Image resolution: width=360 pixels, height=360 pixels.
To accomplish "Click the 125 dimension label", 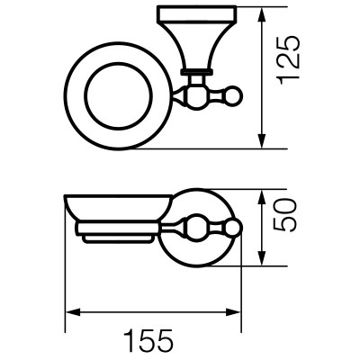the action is pyautogui.click(x=288, y=60).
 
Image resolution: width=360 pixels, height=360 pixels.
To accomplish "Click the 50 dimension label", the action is pyautogui.click(x=285, y=214).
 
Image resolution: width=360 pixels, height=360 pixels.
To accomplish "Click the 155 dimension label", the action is pyautogui.click(x=148, y=340).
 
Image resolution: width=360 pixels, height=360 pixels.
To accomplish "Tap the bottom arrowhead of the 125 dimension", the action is pyautogui.click(x=262, y=141).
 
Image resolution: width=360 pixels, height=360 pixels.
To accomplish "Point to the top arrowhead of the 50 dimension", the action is pyautogui.click(x=262, y=197).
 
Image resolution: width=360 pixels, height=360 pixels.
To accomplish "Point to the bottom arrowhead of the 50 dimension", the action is pyautogui.click(x=262, y=258).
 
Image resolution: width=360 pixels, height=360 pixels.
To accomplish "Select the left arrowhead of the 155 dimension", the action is pyautogui.click(x=73, y=313).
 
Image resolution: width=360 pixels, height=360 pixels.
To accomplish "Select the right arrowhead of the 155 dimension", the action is pyautogui.click(x=233, y=313).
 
